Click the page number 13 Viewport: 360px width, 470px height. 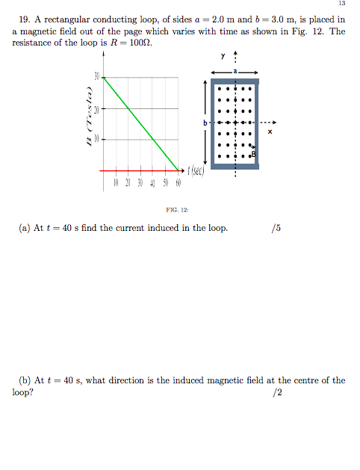(x=343, y=5)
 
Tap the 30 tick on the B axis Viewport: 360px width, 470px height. (x=96, y=77)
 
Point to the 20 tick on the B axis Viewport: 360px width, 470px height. (x=96, y=108)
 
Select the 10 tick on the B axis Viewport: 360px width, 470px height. (x=96, y=139)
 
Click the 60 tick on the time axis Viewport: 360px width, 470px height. (x=179, y=183)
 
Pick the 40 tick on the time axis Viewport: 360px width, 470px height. (x=153, y=183)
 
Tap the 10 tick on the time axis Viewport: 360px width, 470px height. (x=116, y=183)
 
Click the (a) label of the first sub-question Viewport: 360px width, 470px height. (x=24, y=228)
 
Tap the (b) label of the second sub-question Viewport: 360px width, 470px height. (x=24, y=380)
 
